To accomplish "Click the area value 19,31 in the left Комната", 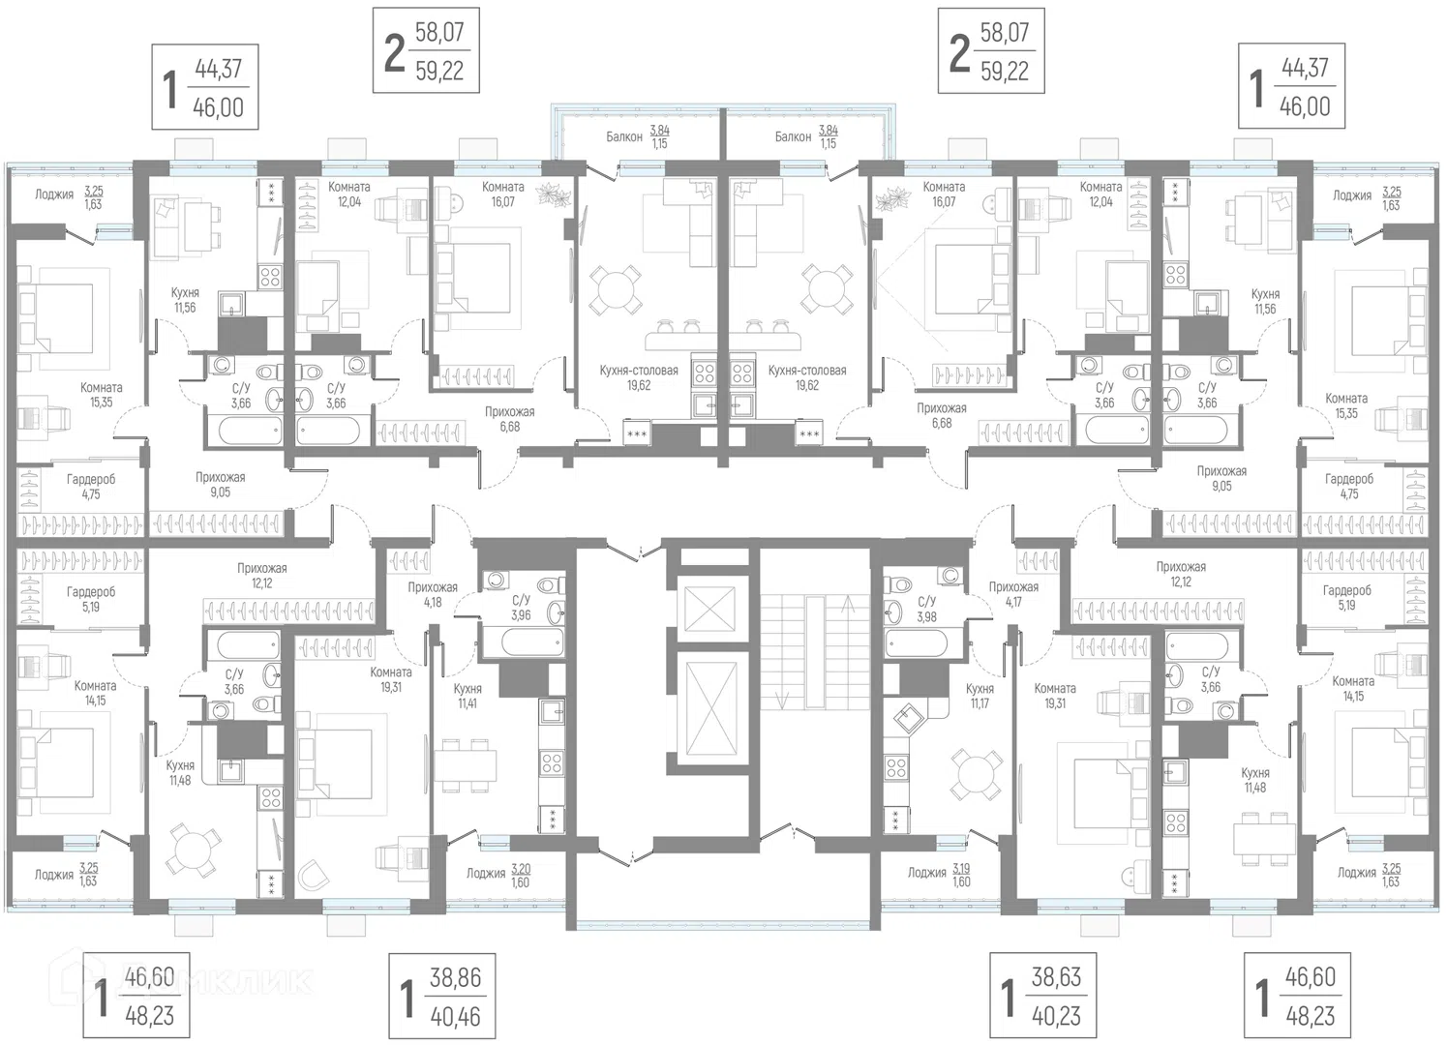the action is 391,687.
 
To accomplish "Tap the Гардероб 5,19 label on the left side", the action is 90,599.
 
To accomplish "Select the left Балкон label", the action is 624,137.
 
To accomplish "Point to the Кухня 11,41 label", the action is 467,697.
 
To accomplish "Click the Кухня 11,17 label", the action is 980,697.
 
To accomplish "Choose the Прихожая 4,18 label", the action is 432,594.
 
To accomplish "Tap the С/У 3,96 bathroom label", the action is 521,608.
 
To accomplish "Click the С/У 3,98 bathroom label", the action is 927,609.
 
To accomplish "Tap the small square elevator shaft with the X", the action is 709,609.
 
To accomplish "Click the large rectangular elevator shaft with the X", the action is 710,708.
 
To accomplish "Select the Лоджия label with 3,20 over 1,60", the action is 498,876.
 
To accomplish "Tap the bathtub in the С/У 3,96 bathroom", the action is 524,642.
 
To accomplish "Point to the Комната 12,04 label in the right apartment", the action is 1100,194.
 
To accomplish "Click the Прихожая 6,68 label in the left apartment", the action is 510,419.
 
